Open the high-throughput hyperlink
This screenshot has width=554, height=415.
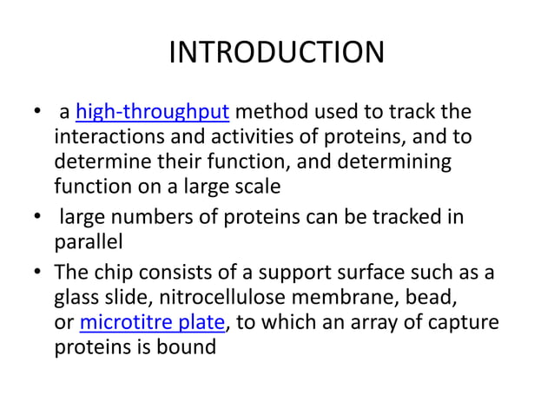point(153,113)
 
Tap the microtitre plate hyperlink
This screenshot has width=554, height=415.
point(152,324)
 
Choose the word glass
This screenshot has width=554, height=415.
point(76,299)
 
